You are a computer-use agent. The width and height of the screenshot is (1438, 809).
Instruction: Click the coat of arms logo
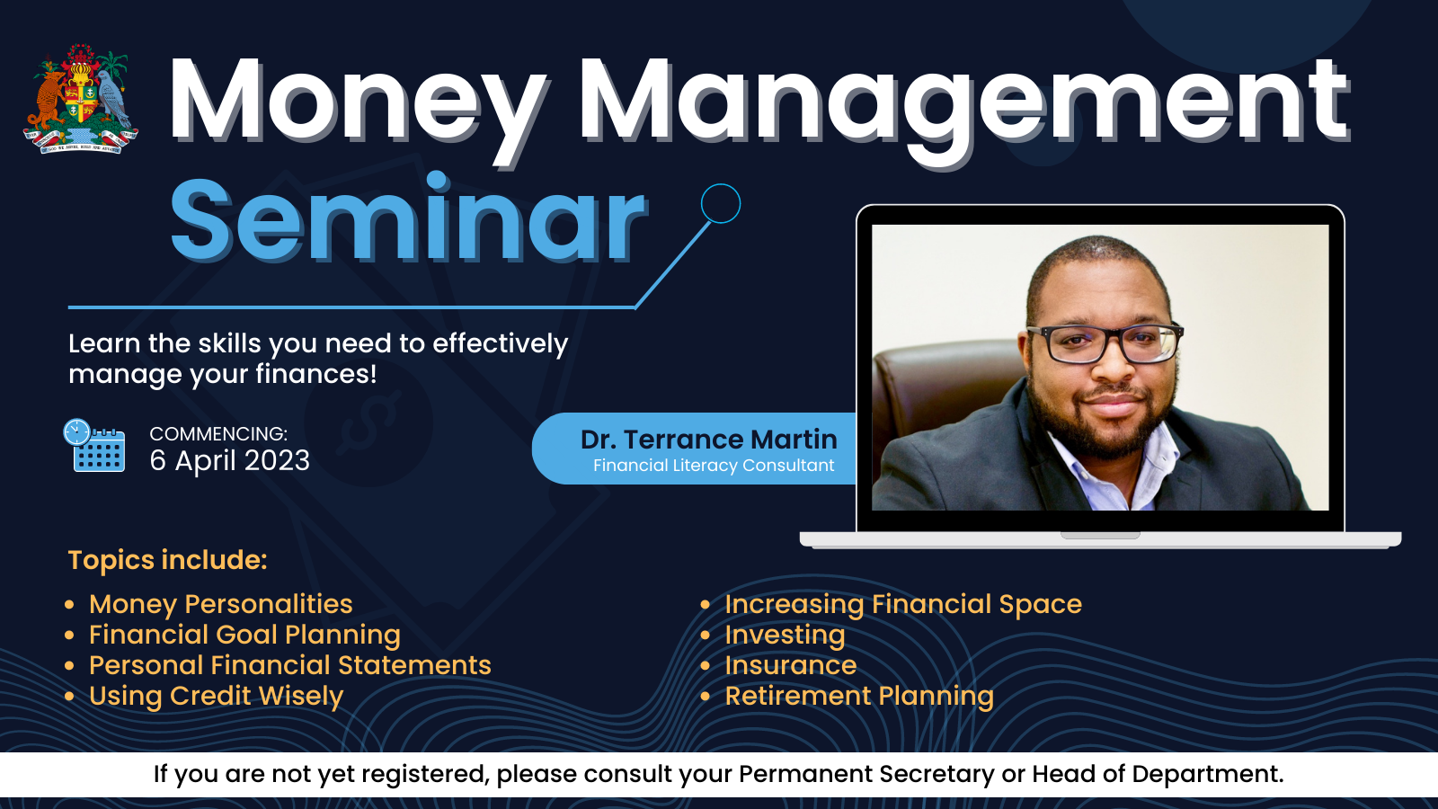pos(81,99)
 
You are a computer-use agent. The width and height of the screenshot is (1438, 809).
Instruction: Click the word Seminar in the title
pos(408,219)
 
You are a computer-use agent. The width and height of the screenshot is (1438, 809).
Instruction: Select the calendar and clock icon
pos(93,446)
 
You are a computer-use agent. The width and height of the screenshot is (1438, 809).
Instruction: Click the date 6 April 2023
pos(230,460)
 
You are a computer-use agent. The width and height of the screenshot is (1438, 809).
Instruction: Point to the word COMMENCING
pos(217,433)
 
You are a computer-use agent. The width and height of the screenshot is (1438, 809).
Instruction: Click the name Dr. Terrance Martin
pos(709,440)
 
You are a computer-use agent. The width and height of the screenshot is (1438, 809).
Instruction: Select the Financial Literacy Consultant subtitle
pos(714,466)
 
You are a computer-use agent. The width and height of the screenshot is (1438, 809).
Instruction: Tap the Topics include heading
pos(167,560)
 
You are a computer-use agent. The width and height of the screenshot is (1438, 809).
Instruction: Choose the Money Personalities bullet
pos(221,604)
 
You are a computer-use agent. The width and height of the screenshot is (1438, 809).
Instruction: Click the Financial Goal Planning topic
pos(244,635)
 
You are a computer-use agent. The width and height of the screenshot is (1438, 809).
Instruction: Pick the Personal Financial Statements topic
pos(290,665)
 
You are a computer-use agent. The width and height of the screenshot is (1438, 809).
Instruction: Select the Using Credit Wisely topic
pos(217,696)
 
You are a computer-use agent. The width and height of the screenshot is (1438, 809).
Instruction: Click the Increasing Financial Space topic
pos(903,604)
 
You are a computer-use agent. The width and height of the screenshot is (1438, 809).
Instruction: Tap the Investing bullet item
pos(786,635)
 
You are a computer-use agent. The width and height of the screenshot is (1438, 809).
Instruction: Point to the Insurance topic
pos(791,665)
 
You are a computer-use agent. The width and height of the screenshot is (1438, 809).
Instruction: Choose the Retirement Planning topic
pos(859,696)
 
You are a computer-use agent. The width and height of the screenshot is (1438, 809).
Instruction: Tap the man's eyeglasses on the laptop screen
pos(1105,342)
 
